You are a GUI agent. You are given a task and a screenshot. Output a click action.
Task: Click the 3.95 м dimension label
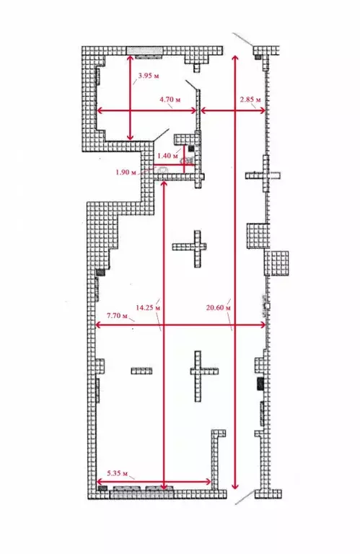(149, 76)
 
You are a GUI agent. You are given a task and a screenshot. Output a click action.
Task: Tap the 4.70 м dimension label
(170, 100)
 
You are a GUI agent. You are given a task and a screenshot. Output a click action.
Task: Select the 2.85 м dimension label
(250, 100)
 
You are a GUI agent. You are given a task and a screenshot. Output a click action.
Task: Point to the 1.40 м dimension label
(168, 156)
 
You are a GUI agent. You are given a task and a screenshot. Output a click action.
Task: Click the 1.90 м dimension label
(126, 172)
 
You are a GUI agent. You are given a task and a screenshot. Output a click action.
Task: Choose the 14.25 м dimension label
(148, 308)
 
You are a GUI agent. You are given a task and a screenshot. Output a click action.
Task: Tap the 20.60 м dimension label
(219, 308)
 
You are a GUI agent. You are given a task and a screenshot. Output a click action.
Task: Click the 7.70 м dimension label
(117, 316)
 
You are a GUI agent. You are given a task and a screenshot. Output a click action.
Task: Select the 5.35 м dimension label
(118, 473)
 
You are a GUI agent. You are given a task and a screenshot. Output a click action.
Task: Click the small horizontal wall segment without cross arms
(141, 371)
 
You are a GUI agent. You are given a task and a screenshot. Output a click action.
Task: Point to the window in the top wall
(144, 51)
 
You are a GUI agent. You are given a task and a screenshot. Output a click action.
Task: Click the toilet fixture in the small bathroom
(163, 170)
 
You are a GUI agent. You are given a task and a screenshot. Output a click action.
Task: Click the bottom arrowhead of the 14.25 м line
(164, 487)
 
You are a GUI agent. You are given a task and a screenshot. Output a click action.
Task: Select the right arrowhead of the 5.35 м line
(208, 482)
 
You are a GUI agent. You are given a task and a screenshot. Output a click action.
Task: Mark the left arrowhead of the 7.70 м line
(99, 325)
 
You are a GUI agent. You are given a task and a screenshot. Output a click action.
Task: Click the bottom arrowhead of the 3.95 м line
(131, 138)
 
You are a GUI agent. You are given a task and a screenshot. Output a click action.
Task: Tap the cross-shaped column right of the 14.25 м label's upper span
(189, 248)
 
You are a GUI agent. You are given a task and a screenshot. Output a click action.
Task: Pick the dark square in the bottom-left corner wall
(102, 488)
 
